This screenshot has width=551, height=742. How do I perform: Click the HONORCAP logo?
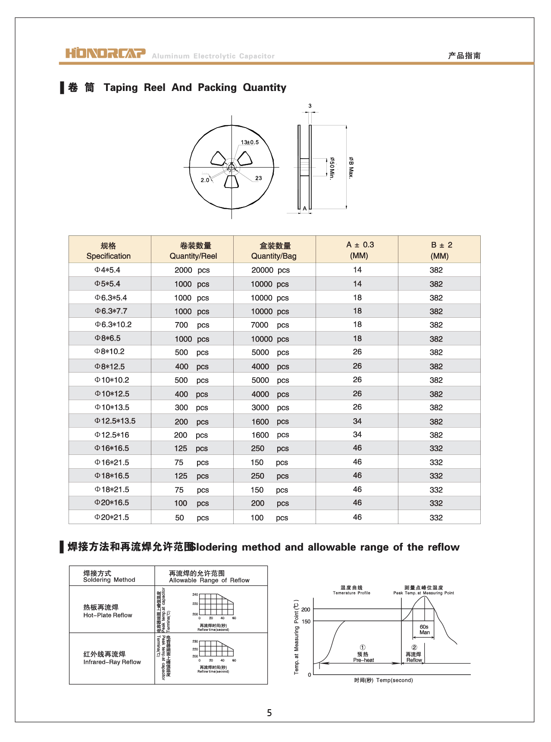pos(106,53)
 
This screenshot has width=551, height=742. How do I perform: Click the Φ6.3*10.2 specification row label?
pos(113,325)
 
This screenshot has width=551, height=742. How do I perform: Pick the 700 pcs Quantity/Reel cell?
pos(192,325)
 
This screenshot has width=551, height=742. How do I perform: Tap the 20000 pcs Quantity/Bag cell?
pos(270,270)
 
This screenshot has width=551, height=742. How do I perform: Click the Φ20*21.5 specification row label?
pos(112,517)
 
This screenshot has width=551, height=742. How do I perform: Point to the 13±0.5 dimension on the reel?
pos(250,142)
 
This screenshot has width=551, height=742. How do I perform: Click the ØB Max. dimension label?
pos(351,167)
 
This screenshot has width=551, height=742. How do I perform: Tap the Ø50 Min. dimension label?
pos(332,168)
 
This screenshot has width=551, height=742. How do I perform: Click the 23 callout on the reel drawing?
pos(258,178)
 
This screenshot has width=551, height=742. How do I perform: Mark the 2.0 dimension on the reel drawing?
pos(205,180)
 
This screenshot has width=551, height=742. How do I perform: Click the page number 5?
pos(269,713)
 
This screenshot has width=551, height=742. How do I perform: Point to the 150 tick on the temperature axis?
pos(306,622)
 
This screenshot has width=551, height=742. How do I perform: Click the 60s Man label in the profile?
pos(424,630)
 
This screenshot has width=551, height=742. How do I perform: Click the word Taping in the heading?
pos(121,88)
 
